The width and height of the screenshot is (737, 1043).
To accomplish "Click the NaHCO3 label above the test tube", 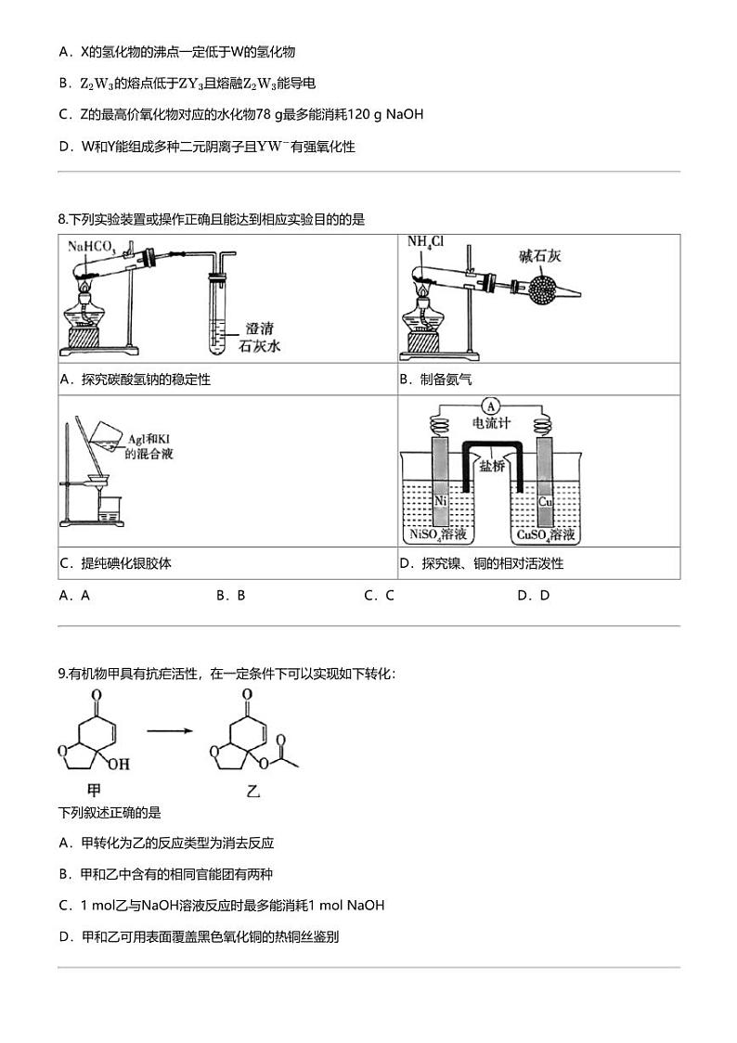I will pyautogui.click(x=91, y=247).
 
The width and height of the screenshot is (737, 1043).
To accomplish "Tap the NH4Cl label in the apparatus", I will pyautogui.click(x=426, y=242).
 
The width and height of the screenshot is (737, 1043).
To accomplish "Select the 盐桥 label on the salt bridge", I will pyautogui.click(x=493, y=466).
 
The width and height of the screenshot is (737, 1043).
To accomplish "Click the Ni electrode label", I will pyautogui.click(x=441, y=501).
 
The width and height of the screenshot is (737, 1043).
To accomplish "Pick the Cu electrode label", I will pyautogui.click(x=546, y=501).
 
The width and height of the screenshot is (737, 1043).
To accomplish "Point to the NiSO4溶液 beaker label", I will pyautogui.click(x=442, y=535).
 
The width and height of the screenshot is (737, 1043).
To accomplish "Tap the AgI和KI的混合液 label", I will pyautogui.click(x=149, y=446).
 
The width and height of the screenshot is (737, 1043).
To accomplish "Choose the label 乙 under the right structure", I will pyautogui.click(x=252, y=792).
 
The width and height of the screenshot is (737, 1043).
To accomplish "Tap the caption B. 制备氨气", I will pyautogui.click(x=435, y=380).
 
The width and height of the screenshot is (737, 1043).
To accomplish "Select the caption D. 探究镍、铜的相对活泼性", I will pyautogui.click(x=481, y=563).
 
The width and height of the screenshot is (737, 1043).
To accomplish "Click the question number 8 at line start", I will pyautogui.click(x=61, y=220).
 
